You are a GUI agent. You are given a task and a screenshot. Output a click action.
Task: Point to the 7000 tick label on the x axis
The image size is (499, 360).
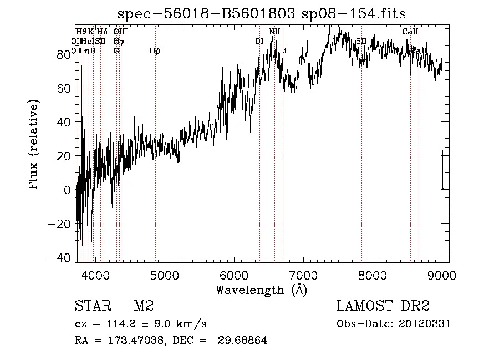(303, 275)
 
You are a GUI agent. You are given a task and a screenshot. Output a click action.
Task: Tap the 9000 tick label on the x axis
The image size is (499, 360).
(442, 275)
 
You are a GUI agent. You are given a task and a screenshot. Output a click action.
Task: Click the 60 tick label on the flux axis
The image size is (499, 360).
(63, 88)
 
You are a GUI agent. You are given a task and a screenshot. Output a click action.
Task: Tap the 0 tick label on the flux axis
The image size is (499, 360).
(68, 190)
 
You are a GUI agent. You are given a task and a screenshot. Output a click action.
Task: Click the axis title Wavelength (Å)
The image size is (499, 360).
(261, 290)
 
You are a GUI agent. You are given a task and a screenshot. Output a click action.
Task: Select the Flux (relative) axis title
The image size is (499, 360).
(34, 146)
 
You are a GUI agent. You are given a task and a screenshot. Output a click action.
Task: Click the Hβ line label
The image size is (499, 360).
(155, 51)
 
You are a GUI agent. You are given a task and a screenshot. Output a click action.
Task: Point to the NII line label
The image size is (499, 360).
(274, 32)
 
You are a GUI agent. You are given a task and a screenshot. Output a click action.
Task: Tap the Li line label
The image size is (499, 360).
(283, 51)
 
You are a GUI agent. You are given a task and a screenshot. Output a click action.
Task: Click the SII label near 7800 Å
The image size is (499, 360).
(361, 41)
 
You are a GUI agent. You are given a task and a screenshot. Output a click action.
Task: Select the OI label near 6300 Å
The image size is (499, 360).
(259, 41)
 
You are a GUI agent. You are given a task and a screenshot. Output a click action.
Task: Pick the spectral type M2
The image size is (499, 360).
(143, 306)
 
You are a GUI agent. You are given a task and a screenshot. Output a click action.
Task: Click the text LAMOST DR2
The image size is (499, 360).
(383, 306)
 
